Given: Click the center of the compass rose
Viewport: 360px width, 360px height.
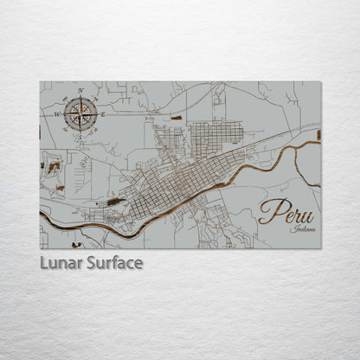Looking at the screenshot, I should pos(80,113).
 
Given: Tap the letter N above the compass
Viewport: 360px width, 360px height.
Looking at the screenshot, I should pos(80,91).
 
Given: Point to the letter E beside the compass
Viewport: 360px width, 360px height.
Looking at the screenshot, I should pos(102,114).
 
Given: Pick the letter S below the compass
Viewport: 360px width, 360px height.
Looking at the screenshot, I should pos(80,136).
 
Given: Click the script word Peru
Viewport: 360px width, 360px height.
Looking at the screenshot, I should pos(286,212).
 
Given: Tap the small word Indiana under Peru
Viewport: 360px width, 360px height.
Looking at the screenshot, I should pos(304,229).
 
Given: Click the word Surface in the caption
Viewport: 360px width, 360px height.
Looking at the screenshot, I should pos(112,262).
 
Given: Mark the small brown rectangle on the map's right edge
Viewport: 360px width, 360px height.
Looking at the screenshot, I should pos(318,135).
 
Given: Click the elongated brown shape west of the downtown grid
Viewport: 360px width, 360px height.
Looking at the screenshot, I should pos(115,202).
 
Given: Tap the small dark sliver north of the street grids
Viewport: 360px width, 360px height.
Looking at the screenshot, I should pos(177,117).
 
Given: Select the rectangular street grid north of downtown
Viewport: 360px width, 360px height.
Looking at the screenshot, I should pos(215,133).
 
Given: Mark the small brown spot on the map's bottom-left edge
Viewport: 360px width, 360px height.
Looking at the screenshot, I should pos(76,245).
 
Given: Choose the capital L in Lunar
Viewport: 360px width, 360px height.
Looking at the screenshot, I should pos(44,262).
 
